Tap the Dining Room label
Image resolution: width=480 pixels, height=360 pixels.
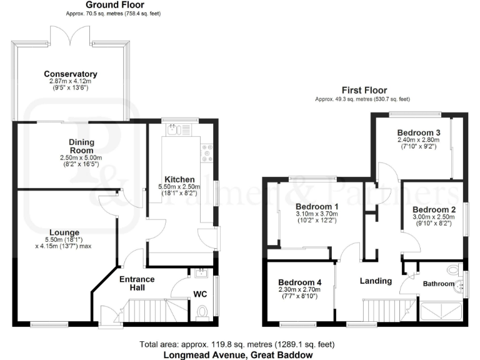click(81, 146)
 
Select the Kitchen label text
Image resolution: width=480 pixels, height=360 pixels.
click(179, 179)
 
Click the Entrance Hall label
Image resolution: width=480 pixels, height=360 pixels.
click(137, 283)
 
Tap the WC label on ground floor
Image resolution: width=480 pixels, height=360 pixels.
click(201, 293)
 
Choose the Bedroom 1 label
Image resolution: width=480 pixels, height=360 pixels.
click(317, 207)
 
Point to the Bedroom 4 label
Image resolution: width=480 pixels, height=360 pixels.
click(299, 281)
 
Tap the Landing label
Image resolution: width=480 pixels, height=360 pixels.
click(376, 281)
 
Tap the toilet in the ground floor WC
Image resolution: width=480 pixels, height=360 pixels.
click(202, 311)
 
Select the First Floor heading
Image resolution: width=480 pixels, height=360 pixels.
click(364, 90)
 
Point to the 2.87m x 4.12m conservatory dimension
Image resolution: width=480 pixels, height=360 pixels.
click(70, 81)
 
